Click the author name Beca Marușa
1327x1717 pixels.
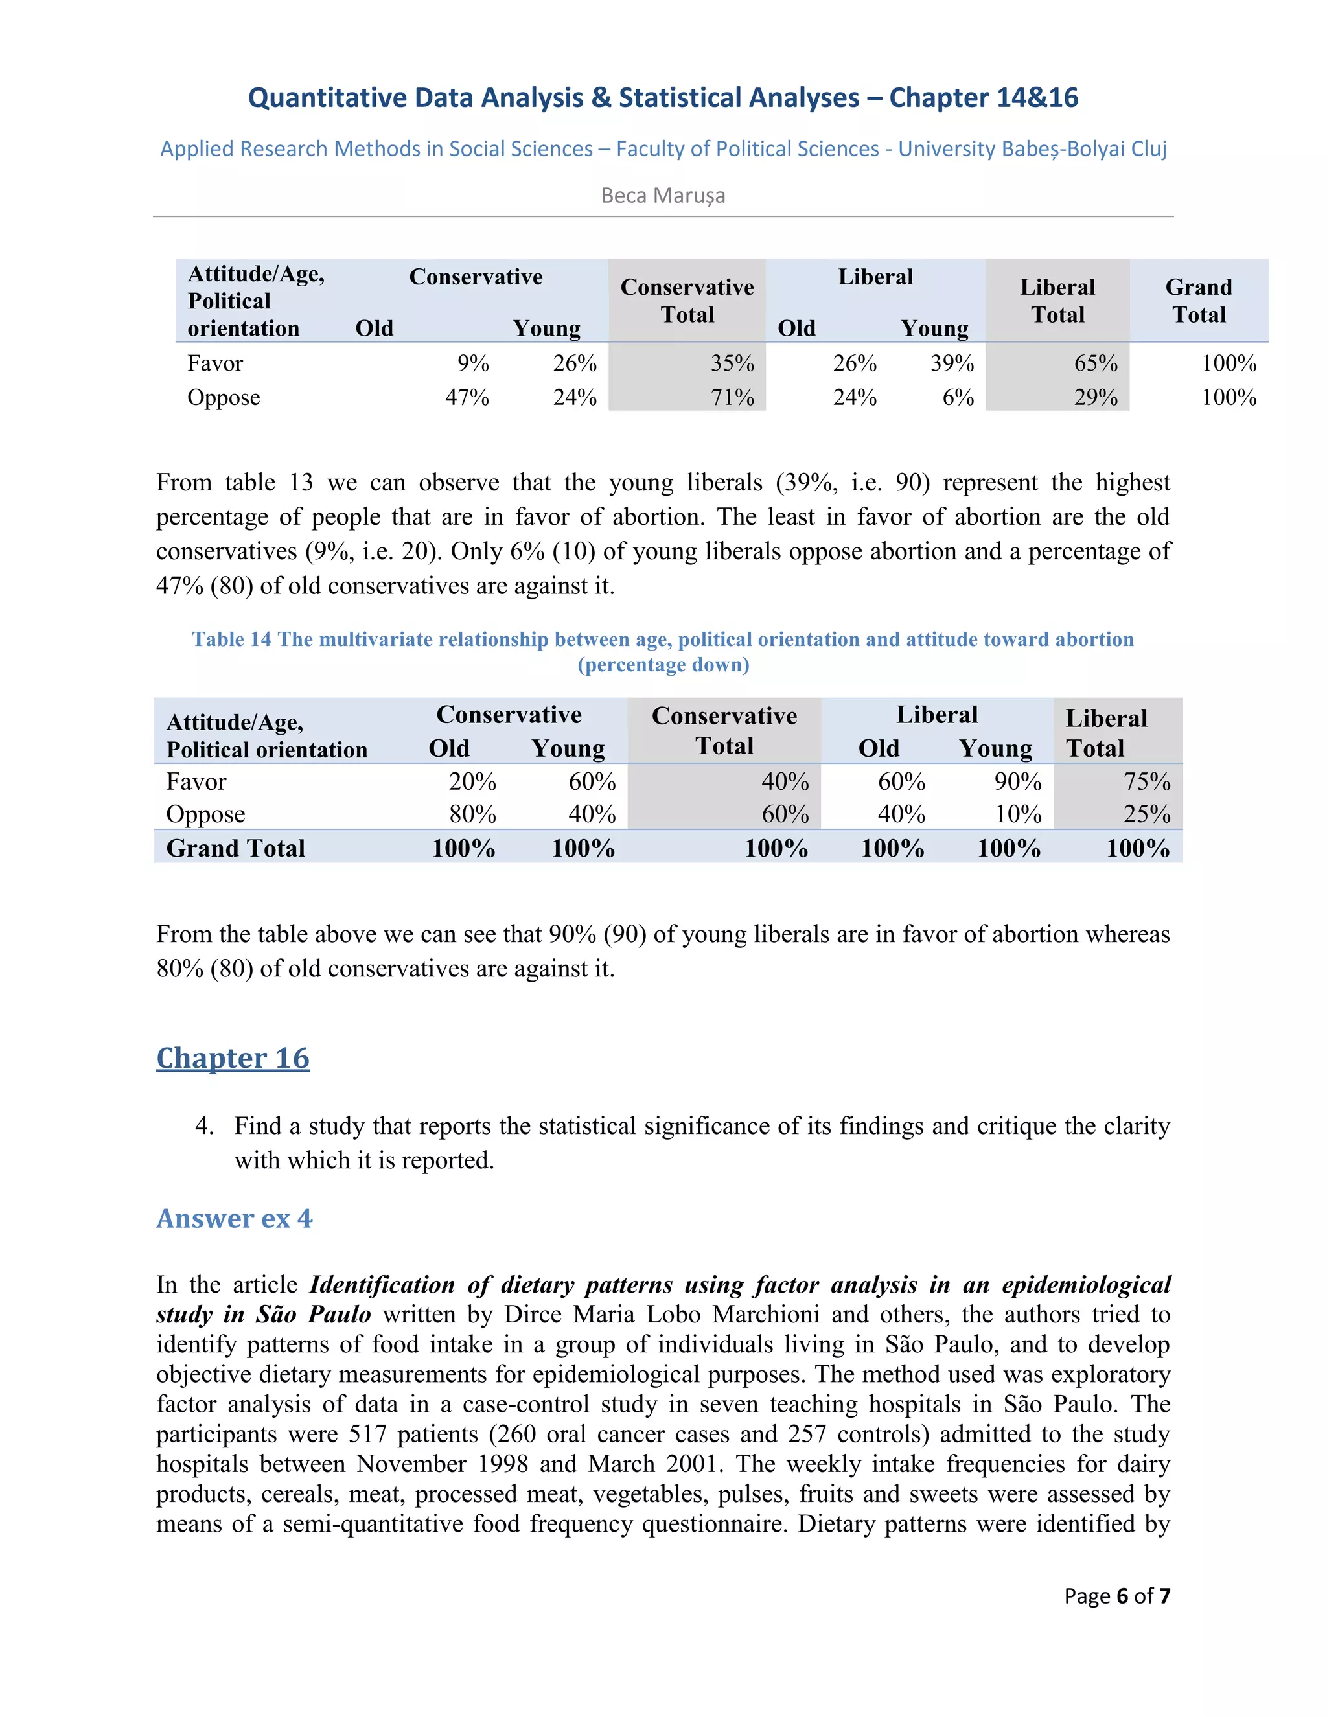(663, 195)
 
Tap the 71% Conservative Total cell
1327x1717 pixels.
(733, 397)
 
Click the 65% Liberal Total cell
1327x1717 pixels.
(1096, 363)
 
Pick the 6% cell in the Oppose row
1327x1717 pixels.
(958, 397)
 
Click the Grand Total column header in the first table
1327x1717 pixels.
(1198, 301)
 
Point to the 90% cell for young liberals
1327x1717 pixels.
(1017, 781)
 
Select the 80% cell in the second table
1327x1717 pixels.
(472, 814)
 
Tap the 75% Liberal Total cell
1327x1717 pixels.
(1146, 781)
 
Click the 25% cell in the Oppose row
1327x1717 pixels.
(1146, 814)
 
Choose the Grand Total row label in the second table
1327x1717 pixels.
(236, 848)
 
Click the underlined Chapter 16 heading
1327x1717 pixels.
(233, 1058)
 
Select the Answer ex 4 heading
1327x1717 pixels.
(235, 1219)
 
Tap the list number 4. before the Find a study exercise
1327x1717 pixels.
(204, 1126)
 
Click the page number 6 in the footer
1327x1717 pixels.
(1122, 1596)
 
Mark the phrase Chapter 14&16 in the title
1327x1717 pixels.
(984, 97)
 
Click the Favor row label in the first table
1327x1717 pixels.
(214, 363)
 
